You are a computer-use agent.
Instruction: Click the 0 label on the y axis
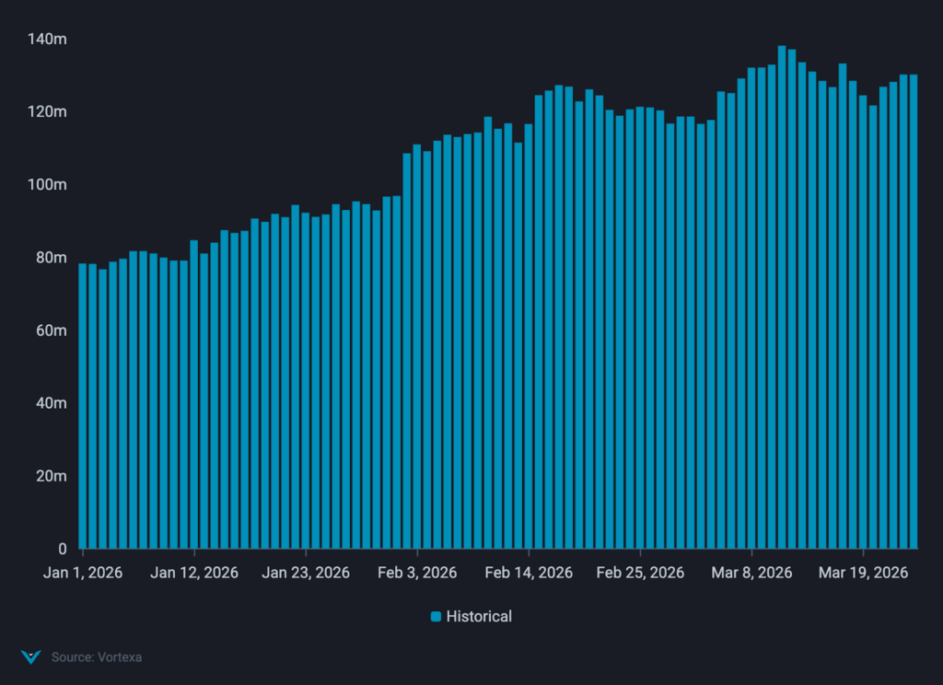(62, 549)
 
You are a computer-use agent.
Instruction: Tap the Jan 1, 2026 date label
(83, 573)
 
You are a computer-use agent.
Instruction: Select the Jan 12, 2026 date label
(194, 573)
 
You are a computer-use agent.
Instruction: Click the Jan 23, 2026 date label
(306, 573)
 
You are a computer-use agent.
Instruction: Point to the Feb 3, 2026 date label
(417, 573)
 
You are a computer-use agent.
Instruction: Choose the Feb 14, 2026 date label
(529, 573)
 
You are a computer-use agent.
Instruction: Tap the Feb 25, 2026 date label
(640, 573)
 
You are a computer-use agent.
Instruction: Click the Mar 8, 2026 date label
(752, 573)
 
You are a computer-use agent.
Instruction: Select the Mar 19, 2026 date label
(864, 573)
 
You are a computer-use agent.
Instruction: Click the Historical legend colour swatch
(437, 617)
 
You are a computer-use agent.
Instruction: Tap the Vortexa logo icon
(30, 657)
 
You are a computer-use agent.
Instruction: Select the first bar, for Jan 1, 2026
(83, 405)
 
